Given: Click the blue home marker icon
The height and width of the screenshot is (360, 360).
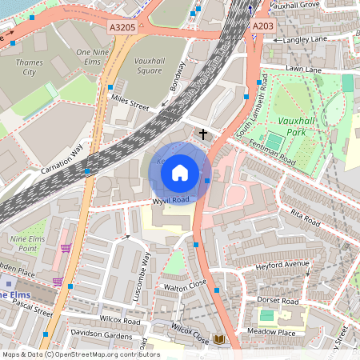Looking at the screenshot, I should [180, 172].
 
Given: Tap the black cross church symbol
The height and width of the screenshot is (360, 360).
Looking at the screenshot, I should [203, 134].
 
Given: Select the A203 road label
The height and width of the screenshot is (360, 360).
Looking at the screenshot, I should [263, 26].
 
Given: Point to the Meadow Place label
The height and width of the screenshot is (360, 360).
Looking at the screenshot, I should [271, 332].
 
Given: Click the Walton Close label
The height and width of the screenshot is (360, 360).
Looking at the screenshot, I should [186, 284].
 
